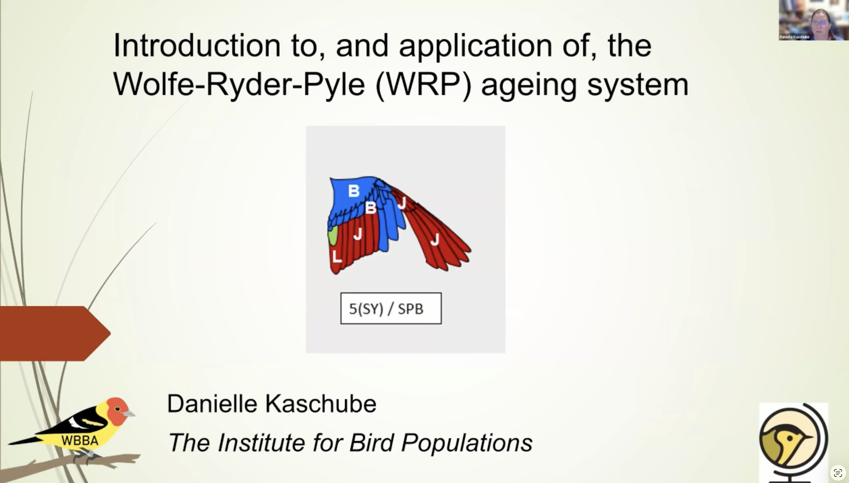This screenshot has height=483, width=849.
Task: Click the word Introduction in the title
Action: [x=197, y=46]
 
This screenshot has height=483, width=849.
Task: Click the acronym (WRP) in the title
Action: [x=423, y=84]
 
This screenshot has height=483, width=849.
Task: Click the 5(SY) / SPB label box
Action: [x=391, y=309]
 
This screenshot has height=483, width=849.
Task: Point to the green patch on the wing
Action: [x=332, y=235]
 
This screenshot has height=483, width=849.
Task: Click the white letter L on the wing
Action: [x=337, y=256]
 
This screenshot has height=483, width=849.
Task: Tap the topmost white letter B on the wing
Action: [x=354, y=191]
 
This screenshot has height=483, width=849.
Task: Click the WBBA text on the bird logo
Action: [x=80, y=440]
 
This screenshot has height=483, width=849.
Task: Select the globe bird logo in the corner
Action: [x=793, y=442]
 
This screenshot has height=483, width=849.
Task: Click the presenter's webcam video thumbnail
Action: [x=814, y=20]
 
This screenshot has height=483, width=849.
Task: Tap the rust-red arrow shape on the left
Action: [x=55, y=333]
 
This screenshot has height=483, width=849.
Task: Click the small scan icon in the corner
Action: [x=838, y=473]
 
